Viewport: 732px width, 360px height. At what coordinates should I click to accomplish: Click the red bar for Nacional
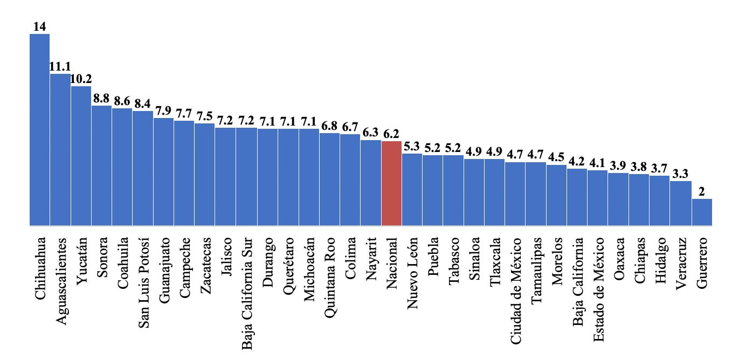click(x=391, y=183)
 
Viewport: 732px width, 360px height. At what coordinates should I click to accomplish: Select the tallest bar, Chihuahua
click(x=39, y=129)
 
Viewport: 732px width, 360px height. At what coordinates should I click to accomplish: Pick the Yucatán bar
click(x=81, y=156)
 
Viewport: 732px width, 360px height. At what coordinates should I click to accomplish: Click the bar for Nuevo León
click(x=412, y=189)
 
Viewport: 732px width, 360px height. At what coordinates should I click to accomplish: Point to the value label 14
click(x=39, y=26)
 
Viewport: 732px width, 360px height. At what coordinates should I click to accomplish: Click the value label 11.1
click(x=60, y=66)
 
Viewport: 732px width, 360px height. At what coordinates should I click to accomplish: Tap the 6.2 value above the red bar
click(x=391, y=133)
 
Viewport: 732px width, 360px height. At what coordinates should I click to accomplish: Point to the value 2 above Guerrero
click(x=702, y=191)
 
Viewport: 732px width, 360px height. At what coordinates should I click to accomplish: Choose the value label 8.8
click(x=101, y=98)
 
